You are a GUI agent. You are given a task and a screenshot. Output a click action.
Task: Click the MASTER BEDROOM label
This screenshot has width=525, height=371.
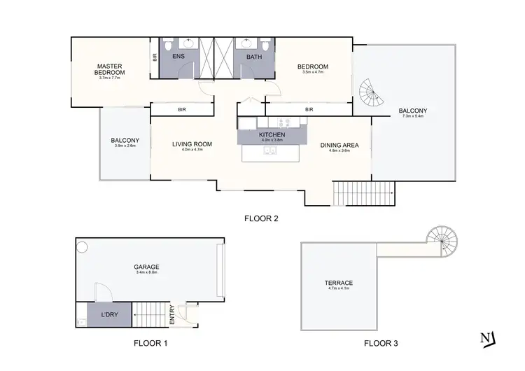pos(111,69)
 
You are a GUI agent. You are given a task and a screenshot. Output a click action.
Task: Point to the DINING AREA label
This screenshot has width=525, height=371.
pos(339,145)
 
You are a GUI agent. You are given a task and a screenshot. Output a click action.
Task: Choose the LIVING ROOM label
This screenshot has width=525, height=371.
pos(192,144)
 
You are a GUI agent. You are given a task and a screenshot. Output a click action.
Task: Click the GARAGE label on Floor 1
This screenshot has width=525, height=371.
pos(147,267)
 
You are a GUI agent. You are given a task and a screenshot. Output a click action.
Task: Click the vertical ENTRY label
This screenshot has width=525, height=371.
pos(172,316)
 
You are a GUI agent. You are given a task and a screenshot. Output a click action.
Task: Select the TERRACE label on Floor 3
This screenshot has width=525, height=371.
pos(338,283)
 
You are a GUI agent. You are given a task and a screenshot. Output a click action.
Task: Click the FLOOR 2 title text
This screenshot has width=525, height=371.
pos(261,218)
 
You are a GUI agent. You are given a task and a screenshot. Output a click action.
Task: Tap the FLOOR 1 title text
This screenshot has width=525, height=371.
pos(150,344)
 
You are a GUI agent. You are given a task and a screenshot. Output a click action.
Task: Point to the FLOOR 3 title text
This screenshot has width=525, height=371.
pos(381,344)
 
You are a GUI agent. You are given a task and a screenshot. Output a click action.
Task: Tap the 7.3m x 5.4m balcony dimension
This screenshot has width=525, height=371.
pos(413,117)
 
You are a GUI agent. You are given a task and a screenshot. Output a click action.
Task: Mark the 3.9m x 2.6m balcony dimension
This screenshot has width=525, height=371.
pos(125,146)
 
